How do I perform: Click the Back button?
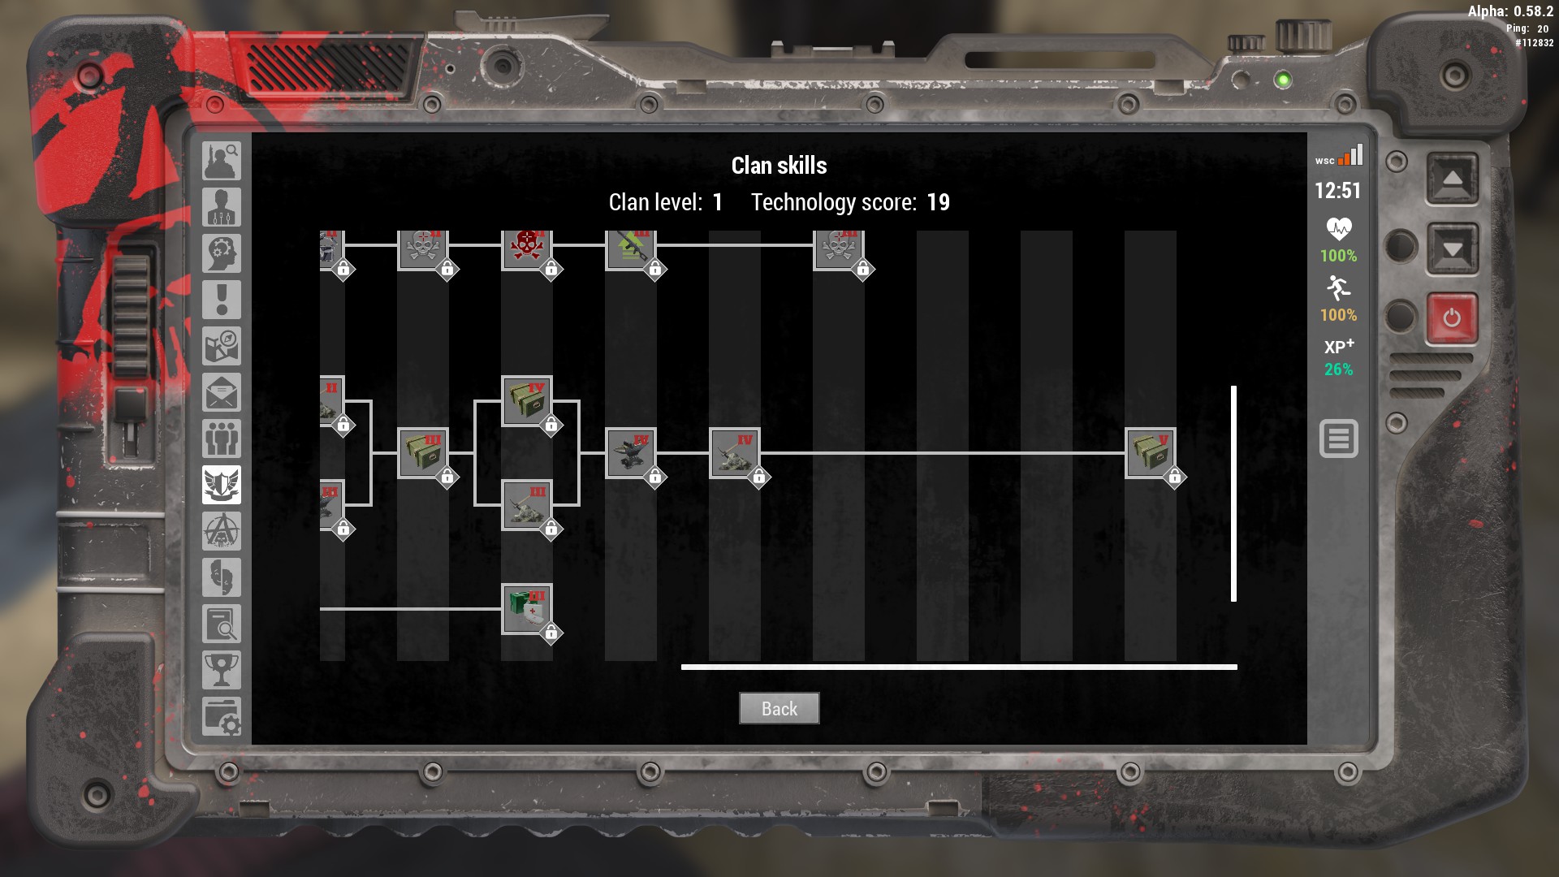(x=779, y=708)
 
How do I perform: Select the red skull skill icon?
(x=526, y=247)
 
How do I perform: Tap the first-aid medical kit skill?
(x=527, y=608)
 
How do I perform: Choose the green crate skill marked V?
(x=1150, y=453)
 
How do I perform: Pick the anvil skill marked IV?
(x=630, y=453)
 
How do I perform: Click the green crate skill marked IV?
(x=527, y=400)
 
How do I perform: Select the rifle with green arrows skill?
(x=630, y=247)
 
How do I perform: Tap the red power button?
(x=1451, y=318)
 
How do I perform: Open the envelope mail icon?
(x=222, y=393)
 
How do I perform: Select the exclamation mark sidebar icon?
(x=222, y=300)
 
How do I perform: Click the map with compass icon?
(x=222, y=347)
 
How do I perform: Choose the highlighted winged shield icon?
(x=222, y=485)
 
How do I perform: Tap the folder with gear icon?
(x=222, y=717)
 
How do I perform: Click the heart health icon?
(x=1338, y=229)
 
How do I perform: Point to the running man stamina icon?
(x=1338, y=288)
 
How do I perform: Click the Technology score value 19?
(x=938, y=202)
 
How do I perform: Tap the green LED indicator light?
(x=1283, y=80)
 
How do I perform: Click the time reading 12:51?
(x=1337, y=191)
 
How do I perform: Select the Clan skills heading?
(x=779, y=166)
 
